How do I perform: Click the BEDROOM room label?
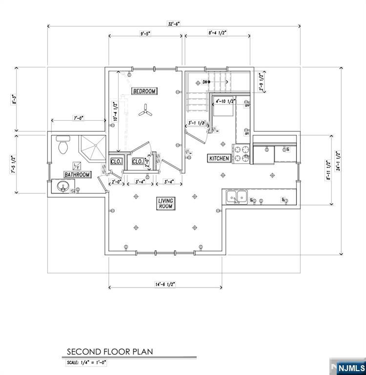point(144,91)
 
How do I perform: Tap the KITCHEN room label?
point(219,159)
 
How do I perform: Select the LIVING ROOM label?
point(165,204)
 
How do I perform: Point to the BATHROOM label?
point(78,175)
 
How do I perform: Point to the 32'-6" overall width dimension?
point(174,23)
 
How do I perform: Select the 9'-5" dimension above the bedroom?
point(144,34)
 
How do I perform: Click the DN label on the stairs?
point(205,82)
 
